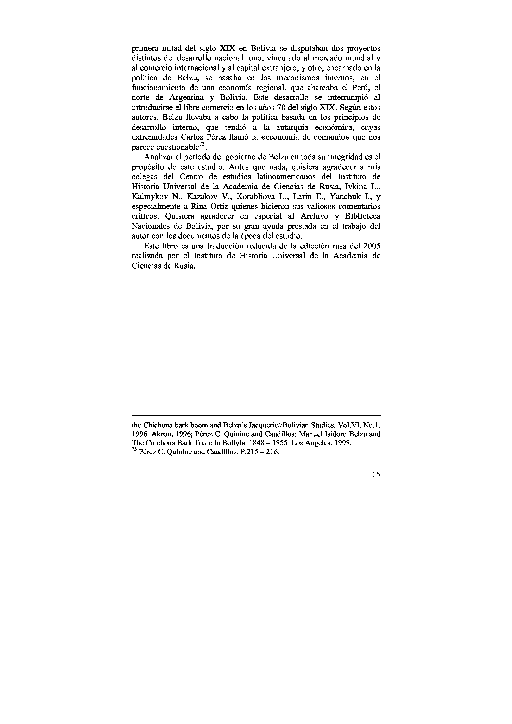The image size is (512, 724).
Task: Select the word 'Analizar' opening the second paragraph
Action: coord(159,157)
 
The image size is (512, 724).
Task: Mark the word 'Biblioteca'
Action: coord(363,216)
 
